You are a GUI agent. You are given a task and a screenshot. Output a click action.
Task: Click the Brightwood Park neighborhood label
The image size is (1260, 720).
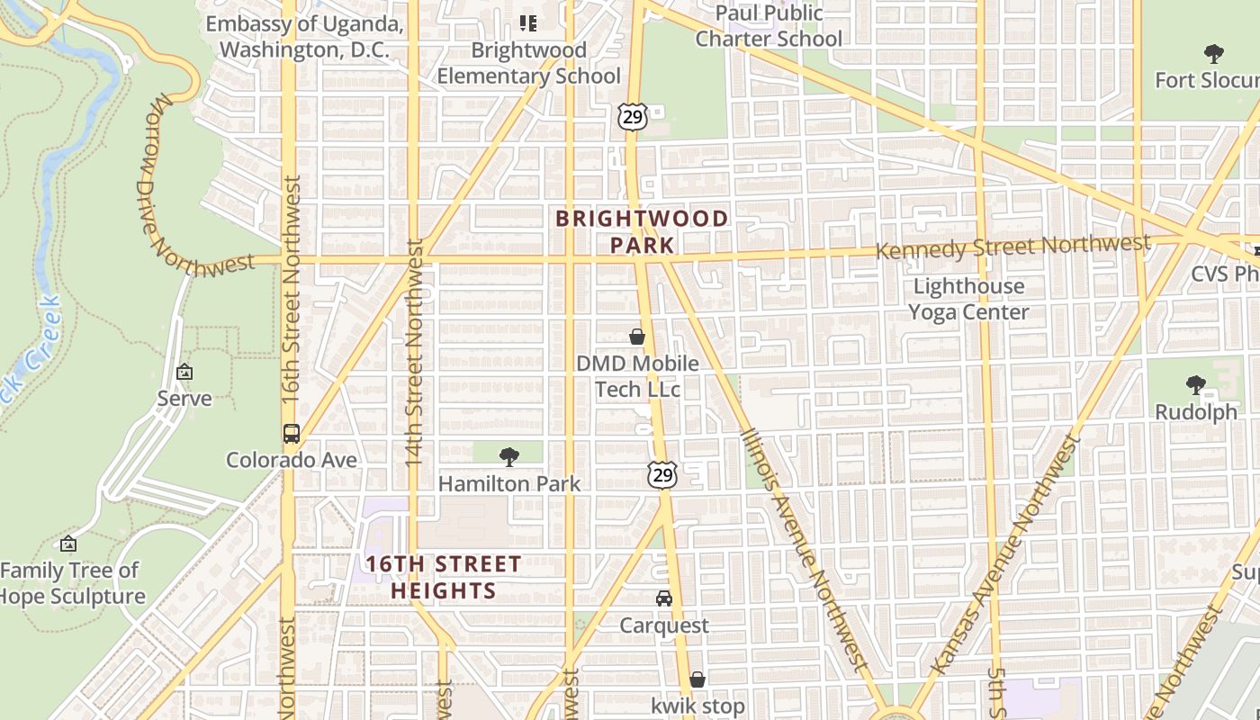tap(642, 231)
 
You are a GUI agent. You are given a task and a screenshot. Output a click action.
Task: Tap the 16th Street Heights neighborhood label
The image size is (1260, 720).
tap(443, 577)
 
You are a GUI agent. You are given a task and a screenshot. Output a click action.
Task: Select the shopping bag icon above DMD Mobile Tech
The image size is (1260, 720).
tap(637, 337)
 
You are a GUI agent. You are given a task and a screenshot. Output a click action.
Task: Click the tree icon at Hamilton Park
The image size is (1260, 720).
tap(508, 456)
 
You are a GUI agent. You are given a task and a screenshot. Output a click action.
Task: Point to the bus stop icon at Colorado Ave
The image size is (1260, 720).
tap(292, 433)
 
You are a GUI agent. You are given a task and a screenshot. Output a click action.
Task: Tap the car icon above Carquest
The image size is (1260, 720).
tap(664, 598)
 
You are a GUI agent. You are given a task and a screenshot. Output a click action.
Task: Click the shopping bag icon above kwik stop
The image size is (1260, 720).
tap(697, 679)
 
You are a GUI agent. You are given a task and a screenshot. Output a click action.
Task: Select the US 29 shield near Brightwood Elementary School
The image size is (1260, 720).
tap(632, 116)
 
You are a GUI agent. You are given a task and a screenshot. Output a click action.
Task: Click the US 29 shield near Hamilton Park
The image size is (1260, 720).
tap(662, 474)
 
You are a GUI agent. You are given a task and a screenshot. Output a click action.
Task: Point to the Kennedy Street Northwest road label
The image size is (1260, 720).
tap(1012, 246)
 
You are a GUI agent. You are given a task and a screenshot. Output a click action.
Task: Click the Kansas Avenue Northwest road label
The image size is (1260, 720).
tap(1003, 555)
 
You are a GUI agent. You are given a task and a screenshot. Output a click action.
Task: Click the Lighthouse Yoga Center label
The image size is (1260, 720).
tap(968, 299)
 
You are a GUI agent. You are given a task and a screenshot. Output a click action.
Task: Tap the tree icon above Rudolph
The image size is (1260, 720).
tap(1195, 385)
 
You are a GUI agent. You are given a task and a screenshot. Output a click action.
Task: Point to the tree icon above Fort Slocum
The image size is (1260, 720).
tap(1213, 53)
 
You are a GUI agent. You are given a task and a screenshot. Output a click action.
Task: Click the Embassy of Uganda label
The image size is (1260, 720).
tap(303, 36)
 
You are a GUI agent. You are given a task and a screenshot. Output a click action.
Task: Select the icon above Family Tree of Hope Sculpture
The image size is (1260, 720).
tap(68, 544)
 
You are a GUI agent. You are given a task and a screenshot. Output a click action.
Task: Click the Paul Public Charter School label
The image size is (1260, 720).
tap(769, 26)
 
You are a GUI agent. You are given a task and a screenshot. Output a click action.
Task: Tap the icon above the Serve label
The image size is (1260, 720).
tap(184, 371)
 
